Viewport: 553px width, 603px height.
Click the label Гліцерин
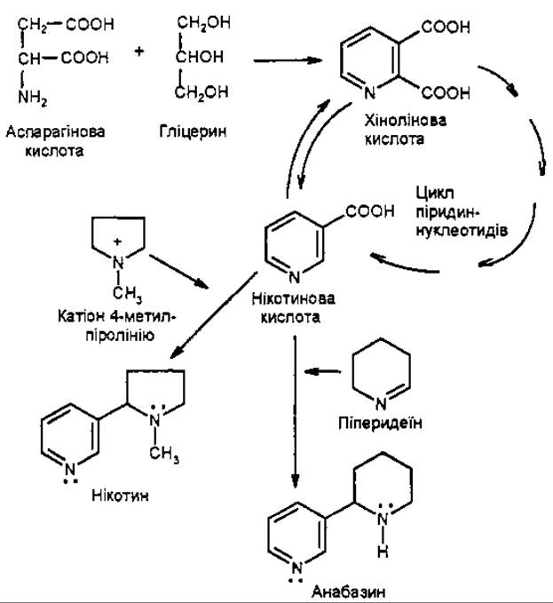tap(193, 132)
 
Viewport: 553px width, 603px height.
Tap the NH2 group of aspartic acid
tap(33, 98)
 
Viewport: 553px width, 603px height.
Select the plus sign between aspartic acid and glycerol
tap(138, 51)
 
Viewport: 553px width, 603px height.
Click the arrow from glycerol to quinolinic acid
tap(288, 60)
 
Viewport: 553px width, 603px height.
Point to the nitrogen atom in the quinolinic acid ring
tap(369, 92)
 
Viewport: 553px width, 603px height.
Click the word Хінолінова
tap(405, 121)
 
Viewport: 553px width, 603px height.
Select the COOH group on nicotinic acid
tap(369, 211)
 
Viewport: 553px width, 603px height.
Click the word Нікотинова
tap(293, 298)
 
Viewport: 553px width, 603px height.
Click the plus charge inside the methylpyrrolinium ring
tap(118, 242)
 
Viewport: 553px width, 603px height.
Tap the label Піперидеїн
tap(380, 423)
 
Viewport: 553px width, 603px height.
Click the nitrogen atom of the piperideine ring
tap(381, 404)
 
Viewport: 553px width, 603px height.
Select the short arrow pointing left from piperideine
tap(322, 371)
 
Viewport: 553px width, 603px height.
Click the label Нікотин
tap(120, 496)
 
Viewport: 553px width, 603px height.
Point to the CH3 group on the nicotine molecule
tap(164, 454)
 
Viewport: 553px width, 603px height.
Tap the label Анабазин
tap(348, 591)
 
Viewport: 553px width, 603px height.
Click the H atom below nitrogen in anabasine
tap(383, 551)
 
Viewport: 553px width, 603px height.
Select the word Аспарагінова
tap(55, 132)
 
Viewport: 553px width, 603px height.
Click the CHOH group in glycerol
tap(199, 57)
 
